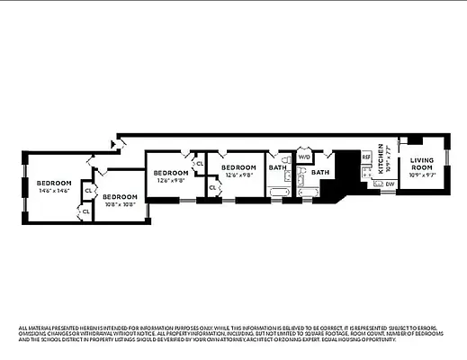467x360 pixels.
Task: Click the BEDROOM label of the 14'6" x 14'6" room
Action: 53,183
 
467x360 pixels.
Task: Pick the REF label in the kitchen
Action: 366,157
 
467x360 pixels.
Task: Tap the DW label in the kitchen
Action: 390,184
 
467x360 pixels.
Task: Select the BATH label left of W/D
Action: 277,167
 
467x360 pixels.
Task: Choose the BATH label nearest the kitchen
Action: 320,171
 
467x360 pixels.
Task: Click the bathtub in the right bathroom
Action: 308,192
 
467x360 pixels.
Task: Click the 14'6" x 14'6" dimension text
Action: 53,191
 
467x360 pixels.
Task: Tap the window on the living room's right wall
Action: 446,166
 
